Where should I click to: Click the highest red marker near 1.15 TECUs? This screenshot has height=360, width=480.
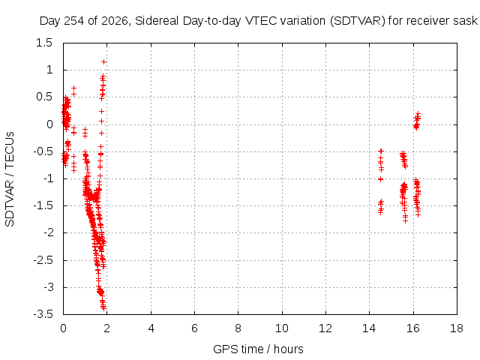tap(103, 62)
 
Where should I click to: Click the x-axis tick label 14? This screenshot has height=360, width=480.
tap(369, 328)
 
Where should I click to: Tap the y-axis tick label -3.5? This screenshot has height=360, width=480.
tap(43, 314)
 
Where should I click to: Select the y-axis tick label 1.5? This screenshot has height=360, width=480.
tap(44, 43)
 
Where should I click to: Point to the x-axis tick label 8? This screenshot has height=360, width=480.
tap(238, 328)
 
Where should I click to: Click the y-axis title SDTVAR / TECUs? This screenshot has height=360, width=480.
tap(10, 179)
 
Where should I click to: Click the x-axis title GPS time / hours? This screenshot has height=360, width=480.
tap(258, 349)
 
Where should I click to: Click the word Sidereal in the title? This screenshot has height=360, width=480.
tap(157, 21)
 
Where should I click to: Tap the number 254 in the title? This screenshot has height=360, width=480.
tap(74, 21)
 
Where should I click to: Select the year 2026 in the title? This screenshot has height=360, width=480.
tap(115, 21)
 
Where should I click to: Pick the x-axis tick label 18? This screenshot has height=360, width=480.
tap(457, 328)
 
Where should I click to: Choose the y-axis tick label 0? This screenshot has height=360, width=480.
tap(49, 124)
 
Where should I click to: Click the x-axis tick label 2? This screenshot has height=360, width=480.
tap(106, 328)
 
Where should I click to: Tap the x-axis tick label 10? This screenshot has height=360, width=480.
tap(282, 328)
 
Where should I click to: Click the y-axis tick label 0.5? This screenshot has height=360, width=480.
tap(44, 97)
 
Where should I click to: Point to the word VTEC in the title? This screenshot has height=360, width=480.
tap(259, 21)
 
